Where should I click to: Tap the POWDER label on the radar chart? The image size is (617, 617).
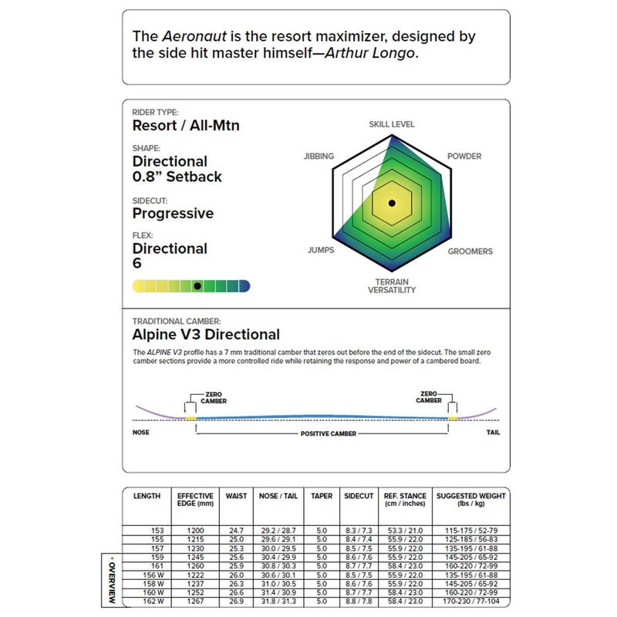(464, 157)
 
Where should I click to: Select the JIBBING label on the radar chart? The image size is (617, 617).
(319, 157)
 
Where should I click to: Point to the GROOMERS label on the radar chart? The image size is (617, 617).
(470, 251)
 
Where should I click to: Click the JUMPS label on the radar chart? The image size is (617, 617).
(320, 251)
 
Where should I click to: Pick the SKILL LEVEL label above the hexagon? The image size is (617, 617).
(392, 123)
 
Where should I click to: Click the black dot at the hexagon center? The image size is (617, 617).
(392, 204)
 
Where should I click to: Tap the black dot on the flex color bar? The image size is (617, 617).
(197, 285)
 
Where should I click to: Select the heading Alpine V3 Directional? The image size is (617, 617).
(206, 335)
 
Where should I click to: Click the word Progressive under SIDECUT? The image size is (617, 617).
(173, 213)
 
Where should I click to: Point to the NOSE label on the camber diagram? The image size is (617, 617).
(141, 433)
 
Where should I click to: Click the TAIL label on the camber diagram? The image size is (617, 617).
(493, 433)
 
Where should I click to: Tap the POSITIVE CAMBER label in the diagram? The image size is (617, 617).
(328, 434)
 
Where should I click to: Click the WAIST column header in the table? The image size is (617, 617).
(237, 496)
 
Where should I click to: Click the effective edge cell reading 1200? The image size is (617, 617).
(195, 531)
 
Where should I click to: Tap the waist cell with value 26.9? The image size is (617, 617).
(236, 601)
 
